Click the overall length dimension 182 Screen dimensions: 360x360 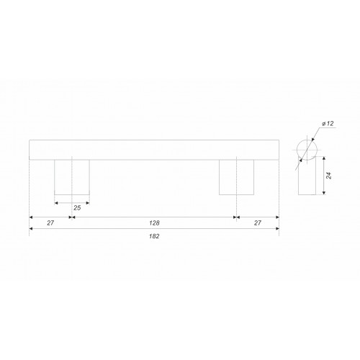click(x=154, y=236)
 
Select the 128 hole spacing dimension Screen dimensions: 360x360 click(x=154, y=223)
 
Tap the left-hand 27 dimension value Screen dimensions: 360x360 click(x=50, y=223)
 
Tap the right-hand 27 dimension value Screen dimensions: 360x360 click(x=258, y=223)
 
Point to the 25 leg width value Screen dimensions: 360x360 click(x=77, y=208)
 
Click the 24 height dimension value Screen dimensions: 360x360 click(x=329, y=176)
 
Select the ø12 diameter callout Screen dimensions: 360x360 click(x=328, y=124)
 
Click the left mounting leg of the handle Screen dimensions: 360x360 click(x=72, y=177)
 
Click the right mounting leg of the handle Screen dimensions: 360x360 click(x=236, y=177)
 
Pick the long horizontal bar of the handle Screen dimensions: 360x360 click(x=154, y=150)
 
